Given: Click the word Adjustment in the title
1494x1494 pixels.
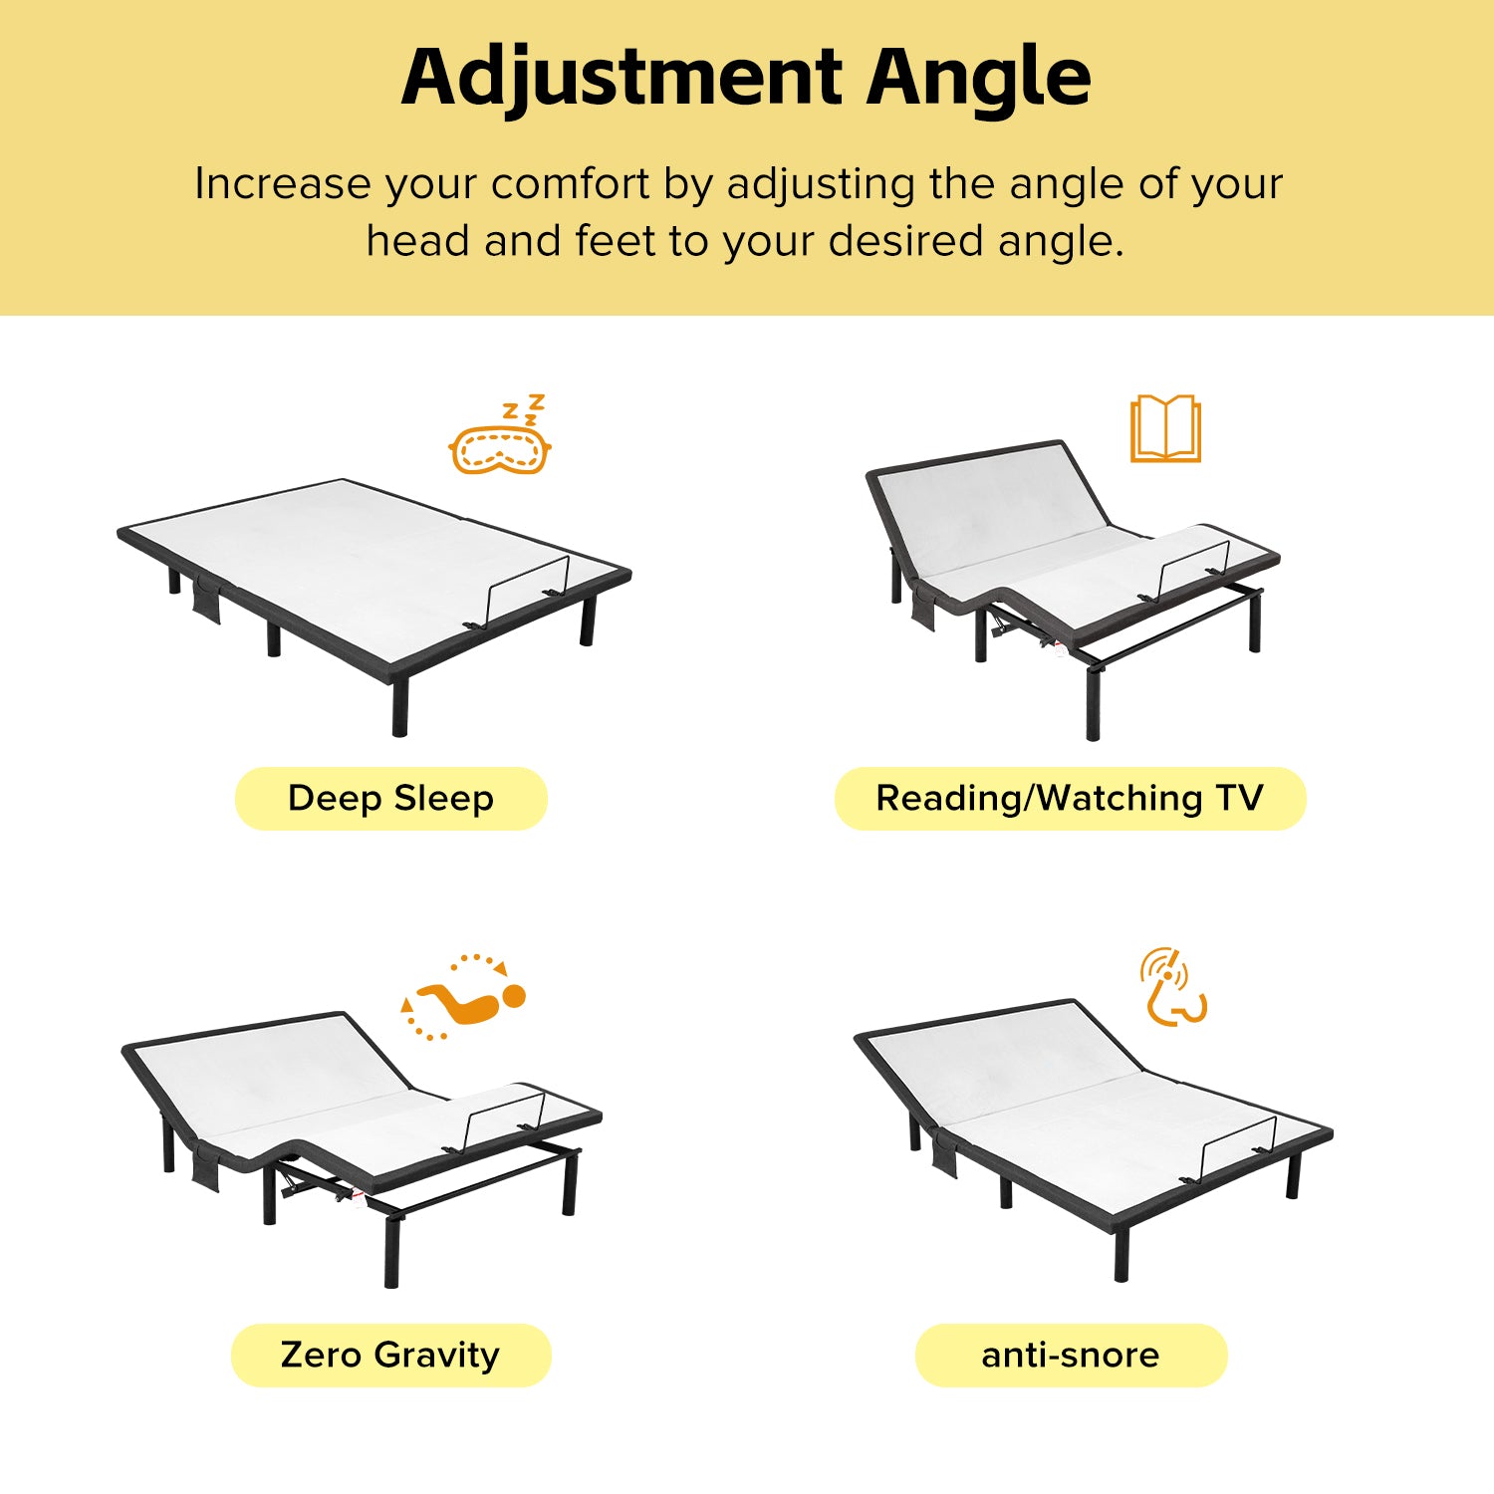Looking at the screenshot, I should pyautogui.click(x=622, y=78).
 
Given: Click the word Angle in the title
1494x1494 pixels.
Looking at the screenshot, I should pyautogui.click(x=979, y=78).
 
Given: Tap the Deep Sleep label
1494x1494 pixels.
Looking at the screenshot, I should pyautogui.click(x=390, y=799).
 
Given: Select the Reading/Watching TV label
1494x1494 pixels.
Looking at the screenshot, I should pyautogui.click(x=1070, y=799).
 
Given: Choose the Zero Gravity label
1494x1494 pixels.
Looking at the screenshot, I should pyautogui.click(x=390, y=1355).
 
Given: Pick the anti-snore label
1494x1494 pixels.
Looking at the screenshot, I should pyautogui.click(x=1071, y=1355).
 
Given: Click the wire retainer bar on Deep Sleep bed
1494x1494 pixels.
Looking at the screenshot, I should pyautogui.click(x=528, y=588).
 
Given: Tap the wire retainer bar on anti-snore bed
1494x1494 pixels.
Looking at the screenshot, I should pyautogui.click(x=1238, y=1145).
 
